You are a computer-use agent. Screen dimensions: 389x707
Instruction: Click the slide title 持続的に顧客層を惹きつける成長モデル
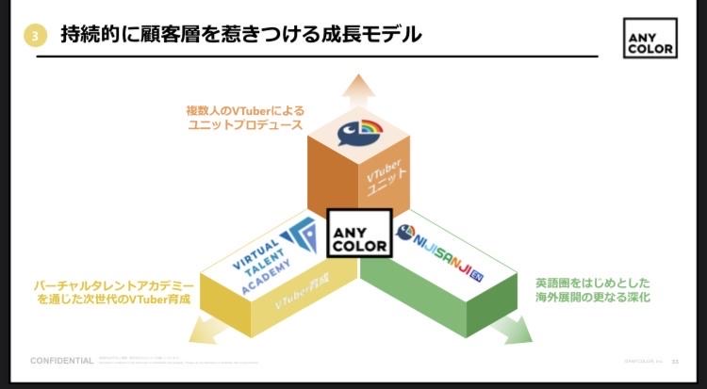click(240, 36)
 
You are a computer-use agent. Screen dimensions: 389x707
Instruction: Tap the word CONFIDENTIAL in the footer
click(62, 361)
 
